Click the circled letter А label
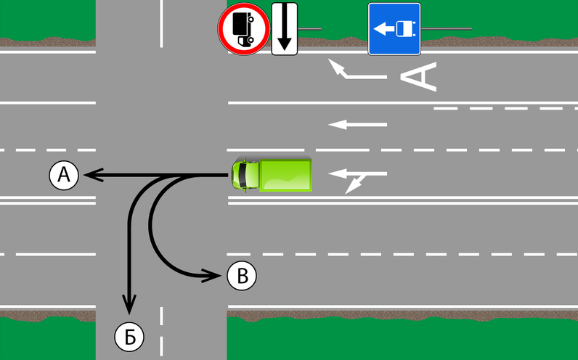pyautogui.click(x=64, y=175)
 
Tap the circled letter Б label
pyautogui.click(x=129, y=337)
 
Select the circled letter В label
pyautogui.click(x=242, y=275)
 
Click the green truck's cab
pyautogui.click(x=245, y=175)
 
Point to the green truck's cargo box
pyautogui.click(x=285, y=175)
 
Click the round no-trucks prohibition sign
pyautogui.click(x=244, y=29)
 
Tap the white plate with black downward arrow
pyautogui.click(x=284, y=29)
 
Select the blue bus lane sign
pyautogui.click(x=394, y=29)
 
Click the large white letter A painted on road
pyautogui.click(x=419, y=77)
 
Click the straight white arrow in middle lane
pyautogui.click(x=357, y=125)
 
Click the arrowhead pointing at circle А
pyautogui.click(x=92, y=175)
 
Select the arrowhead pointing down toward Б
pyautogui.click(x=129, y=304)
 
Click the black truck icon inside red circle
pyautogui.click(x=243, y=29)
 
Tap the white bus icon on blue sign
pyautogui.click(x=406, y=29)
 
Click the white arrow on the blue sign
pyautogui.click(x=384, y=29)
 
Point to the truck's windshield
pyautogui.click(x=242, y=175)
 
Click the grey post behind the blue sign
pyautogui.click(x=446, y=28)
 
